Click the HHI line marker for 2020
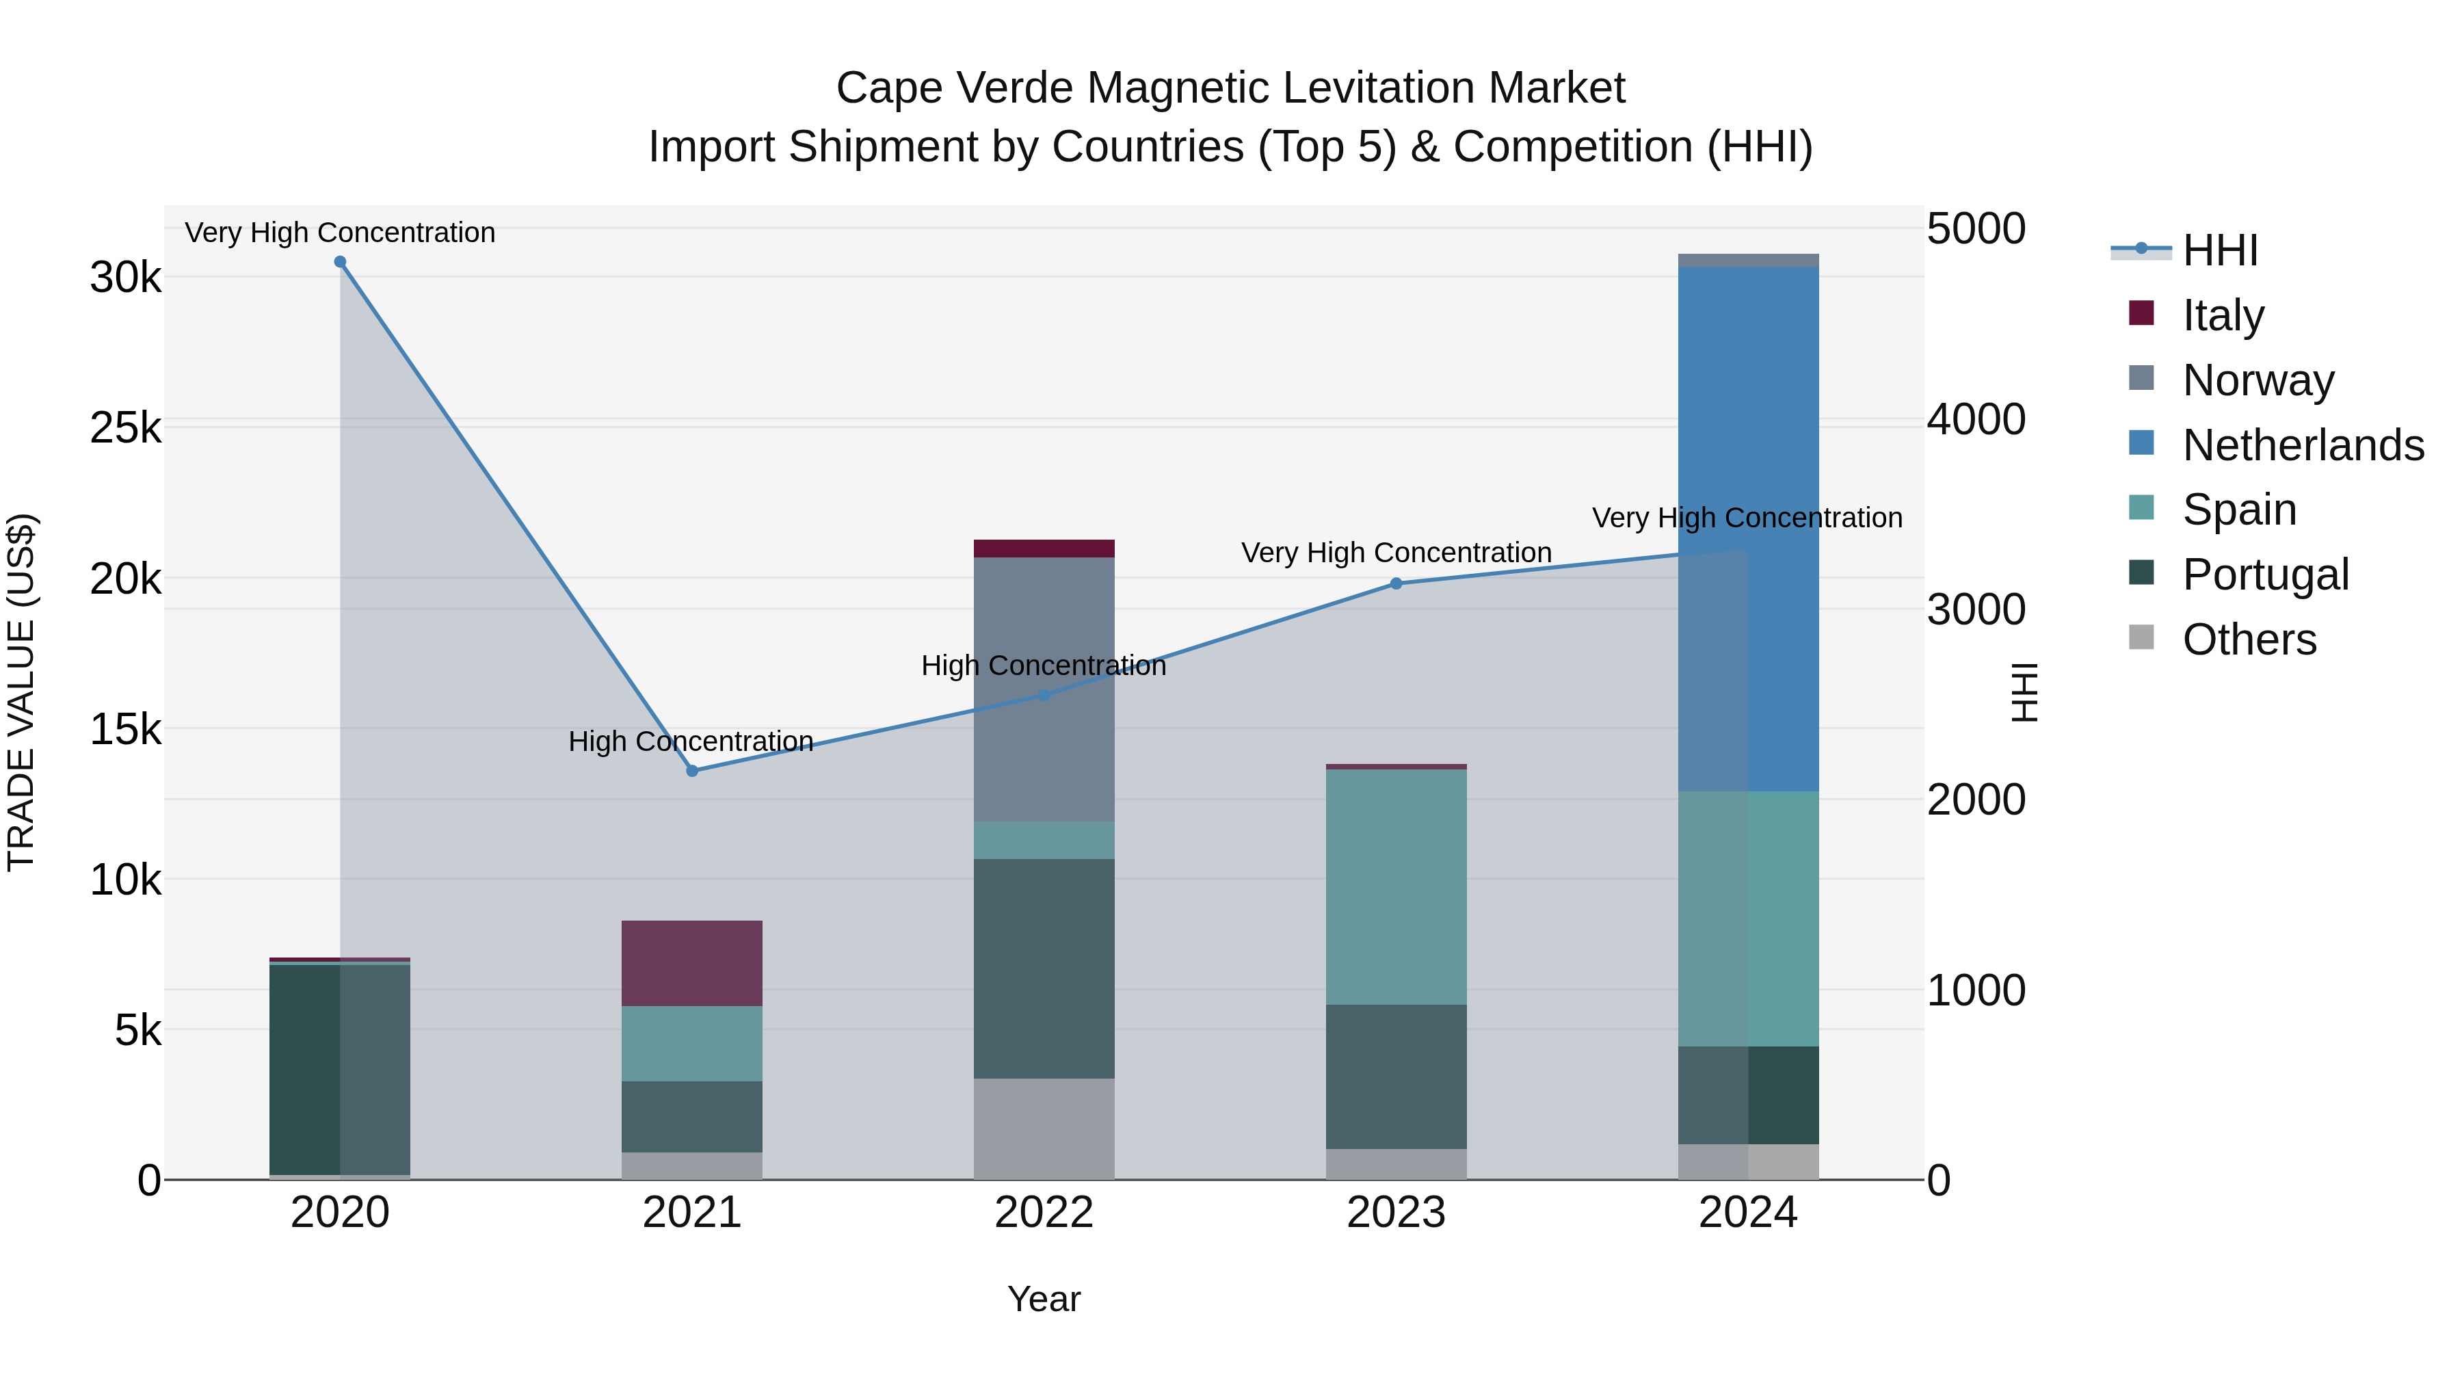pos(341,262)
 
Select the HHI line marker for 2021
pos(692,770)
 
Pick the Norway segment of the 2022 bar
pos(1044,688)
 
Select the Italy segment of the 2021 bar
pos(692,964)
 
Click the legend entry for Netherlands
pos(2303,445)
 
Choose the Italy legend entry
pos(2223,315)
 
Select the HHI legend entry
pos(2219,250)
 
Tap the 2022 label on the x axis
pos(1044,1213)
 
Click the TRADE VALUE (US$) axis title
pos(21,692)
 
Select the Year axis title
pos(1044,1299)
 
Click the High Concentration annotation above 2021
pos(690,741)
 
